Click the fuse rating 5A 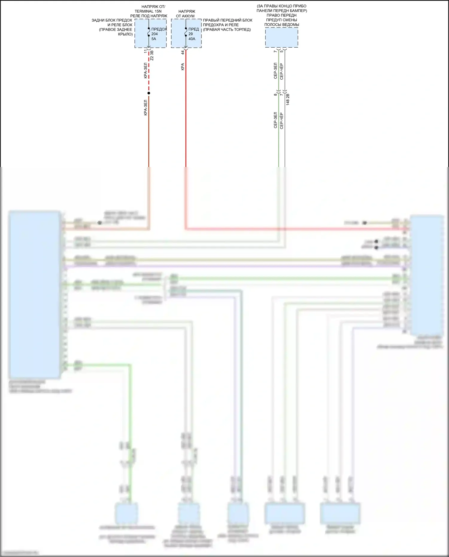[x=154, y=39]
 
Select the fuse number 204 [x=154, y=34]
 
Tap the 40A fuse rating [x=192, y=39]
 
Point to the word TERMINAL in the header [x=144, y=11]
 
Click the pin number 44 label [x=183, y=52]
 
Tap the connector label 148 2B [x=288, y=99]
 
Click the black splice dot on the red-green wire [x=149, y=93]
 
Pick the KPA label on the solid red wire [x=183, y=67]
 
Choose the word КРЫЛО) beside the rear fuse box [x=125, y=34]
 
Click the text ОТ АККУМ [x=185, y=16]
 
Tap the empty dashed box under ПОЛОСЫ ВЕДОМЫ [x=281, y=37]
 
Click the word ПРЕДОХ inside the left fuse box [x=159, y=29]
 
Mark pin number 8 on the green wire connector [x=275, y=95]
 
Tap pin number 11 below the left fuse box [x=145, y=52]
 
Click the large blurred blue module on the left [x=34, y=295]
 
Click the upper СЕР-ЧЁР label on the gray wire [x=281, y=71]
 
